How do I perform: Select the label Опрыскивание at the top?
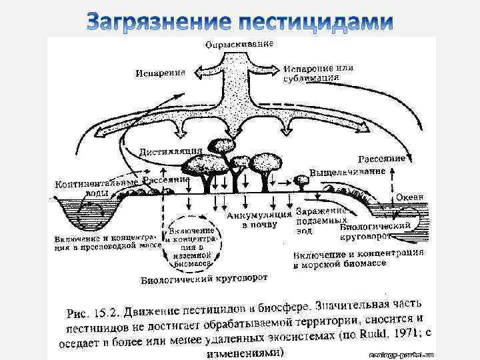coord(238,44)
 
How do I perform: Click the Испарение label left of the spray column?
coord(160,73)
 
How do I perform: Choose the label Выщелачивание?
coord(347,172)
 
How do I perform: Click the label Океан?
coord(409,197)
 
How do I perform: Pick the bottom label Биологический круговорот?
coord(204,279)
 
